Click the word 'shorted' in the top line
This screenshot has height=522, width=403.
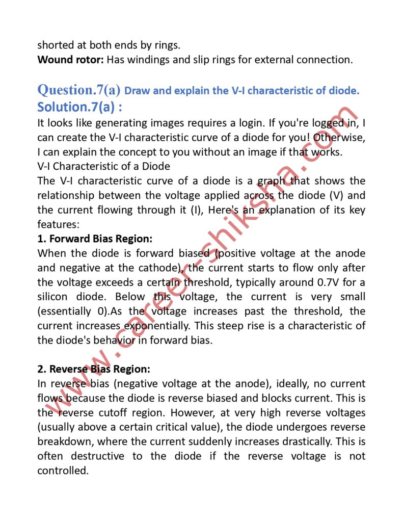pyautogui.click(x=56, y=45)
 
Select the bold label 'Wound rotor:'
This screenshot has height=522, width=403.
pyautogui.click(x=71, y=59)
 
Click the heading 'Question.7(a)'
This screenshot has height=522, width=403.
pyautogui.click(x=79, y=90)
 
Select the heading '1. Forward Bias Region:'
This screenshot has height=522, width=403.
pyautogui.click(x=95, y=238)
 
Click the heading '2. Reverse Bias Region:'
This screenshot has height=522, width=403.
pyautogui.click(x=94, y=369)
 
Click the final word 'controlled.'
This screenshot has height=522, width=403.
pyautogui.click(x=63, y=471)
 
